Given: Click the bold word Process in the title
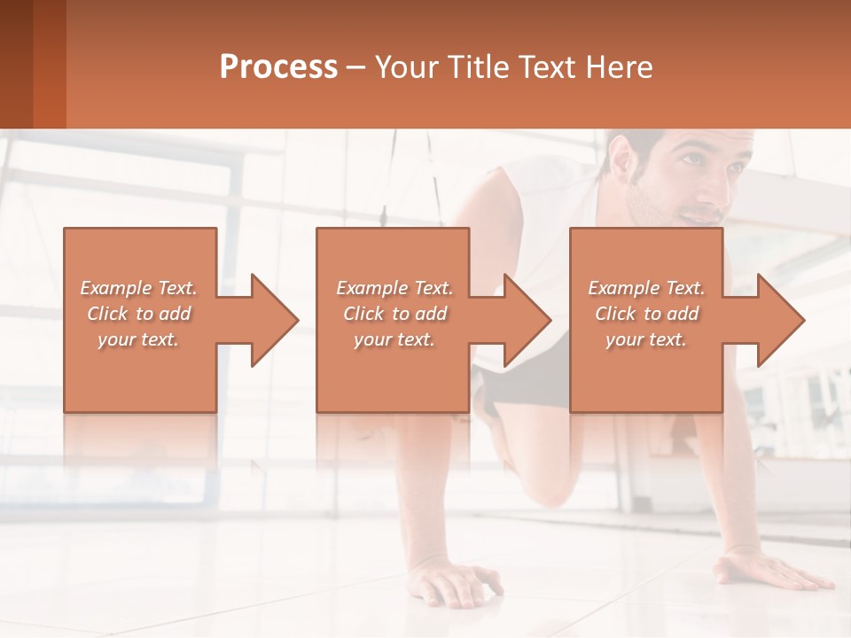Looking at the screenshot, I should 278,67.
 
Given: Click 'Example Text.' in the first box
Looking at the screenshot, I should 138,288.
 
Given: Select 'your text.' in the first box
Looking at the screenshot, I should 138,339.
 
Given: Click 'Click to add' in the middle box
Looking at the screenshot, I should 394,314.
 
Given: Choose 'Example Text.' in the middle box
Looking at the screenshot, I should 394,288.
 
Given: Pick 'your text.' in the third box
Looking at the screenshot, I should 646,339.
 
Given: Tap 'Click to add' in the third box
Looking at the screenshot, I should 646,314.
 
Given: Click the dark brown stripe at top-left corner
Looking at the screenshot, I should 16,64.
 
